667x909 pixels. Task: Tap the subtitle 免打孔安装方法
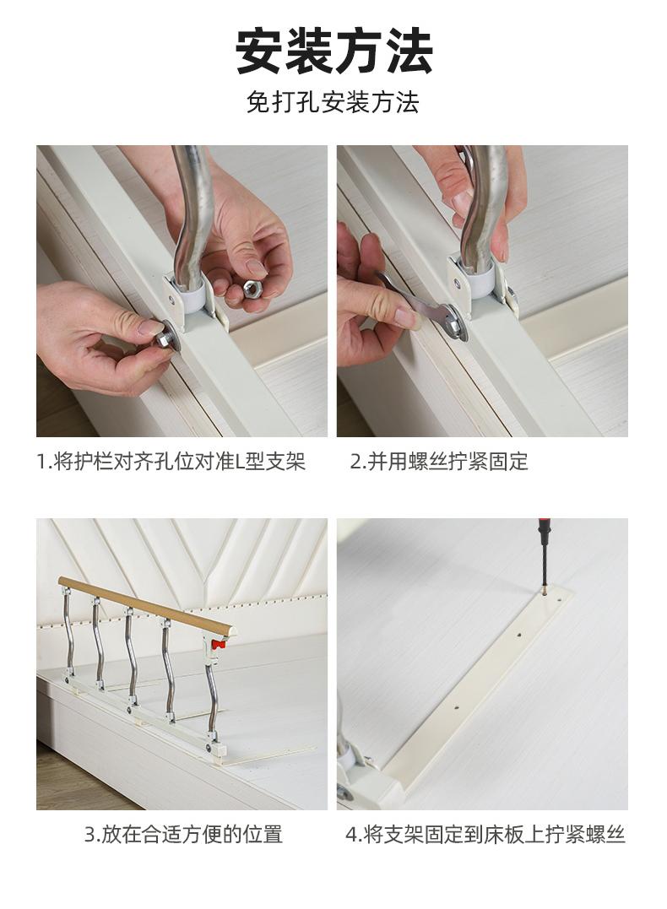(x=333, y=103)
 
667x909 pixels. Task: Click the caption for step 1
(x=171, y=462)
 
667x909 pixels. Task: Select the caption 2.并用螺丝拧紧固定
(x=439, y=462)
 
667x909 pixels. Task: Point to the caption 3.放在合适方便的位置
(x=183, y=834)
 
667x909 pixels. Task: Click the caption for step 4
(x=485, y=834)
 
